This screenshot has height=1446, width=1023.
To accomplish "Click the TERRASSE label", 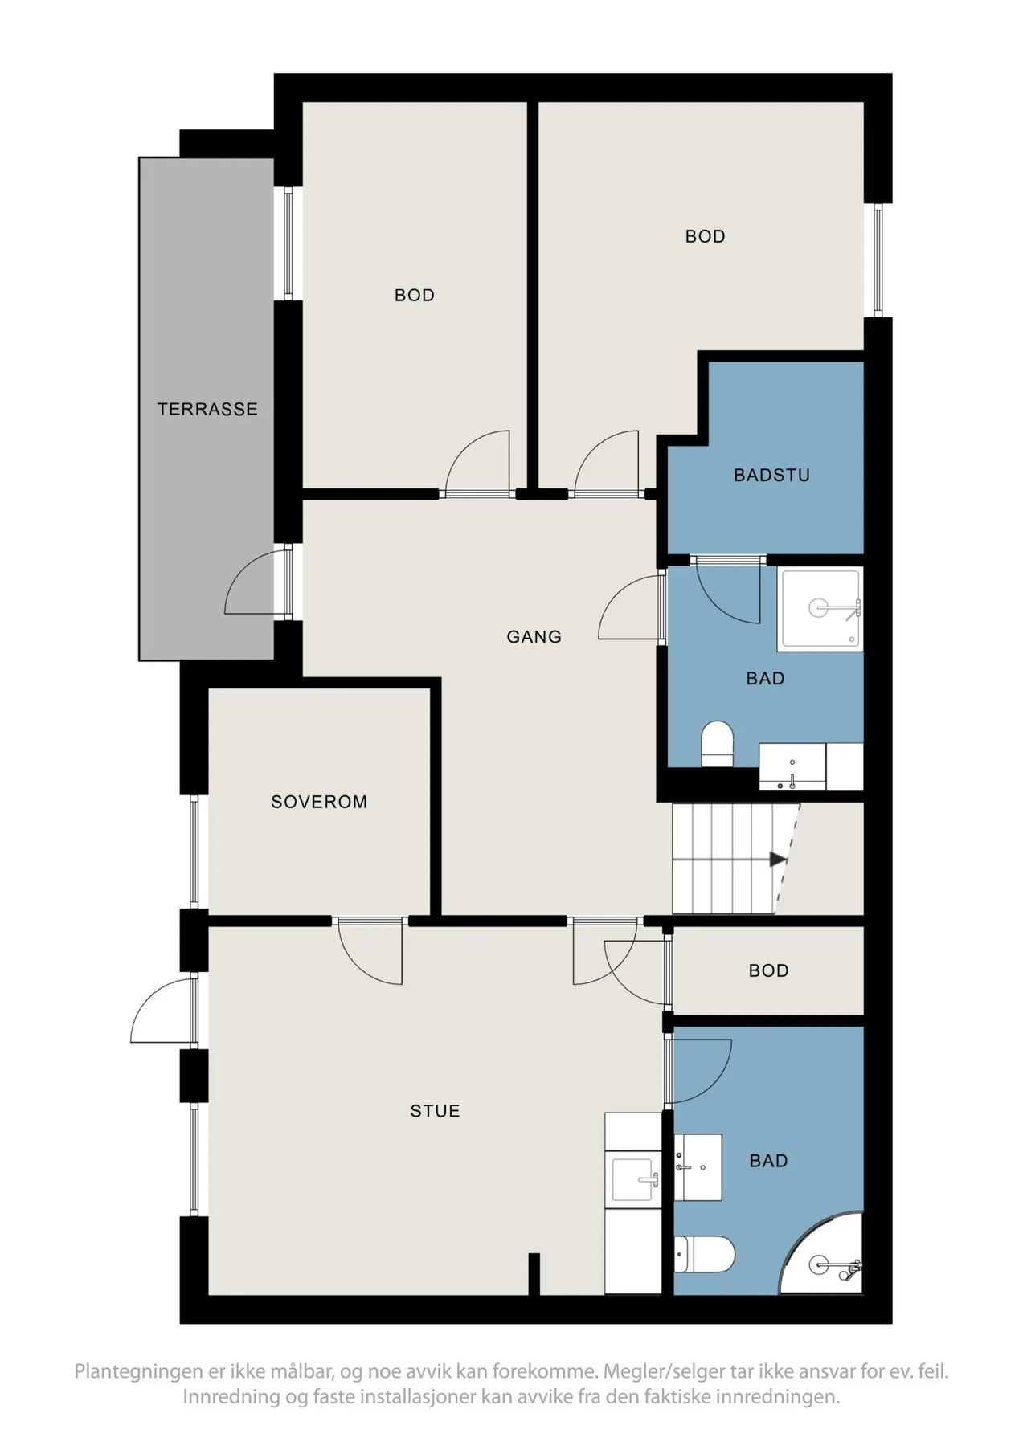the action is (207, 409).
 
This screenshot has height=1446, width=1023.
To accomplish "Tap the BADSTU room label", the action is (771, 475).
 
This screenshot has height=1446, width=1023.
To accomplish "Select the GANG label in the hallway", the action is (534, 637).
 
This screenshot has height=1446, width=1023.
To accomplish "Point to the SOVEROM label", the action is (319, 802).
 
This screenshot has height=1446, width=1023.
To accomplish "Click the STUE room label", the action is (435, 1111).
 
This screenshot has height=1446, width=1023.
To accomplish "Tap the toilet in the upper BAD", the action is (718, 744).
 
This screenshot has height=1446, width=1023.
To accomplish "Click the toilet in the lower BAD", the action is (704, 1254).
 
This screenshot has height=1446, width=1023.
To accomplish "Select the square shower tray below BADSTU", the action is (820, 609).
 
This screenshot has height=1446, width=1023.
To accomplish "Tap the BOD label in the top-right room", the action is (705, 236).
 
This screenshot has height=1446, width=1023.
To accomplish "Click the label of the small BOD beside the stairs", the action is (768, 970).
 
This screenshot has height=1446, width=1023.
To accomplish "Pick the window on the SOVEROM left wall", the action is (194, 852).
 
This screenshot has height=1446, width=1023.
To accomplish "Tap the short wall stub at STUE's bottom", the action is (534, 1274).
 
